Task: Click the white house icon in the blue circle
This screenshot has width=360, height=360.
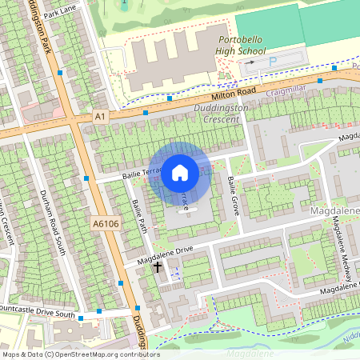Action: coord(180,172)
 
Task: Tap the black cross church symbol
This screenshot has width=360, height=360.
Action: coord(158,266)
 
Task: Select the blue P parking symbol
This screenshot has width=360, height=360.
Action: coord(273,61)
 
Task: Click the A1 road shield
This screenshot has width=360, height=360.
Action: coord(100,116)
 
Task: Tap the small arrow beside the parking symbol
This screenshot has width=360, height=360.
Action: coord(250,62)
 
